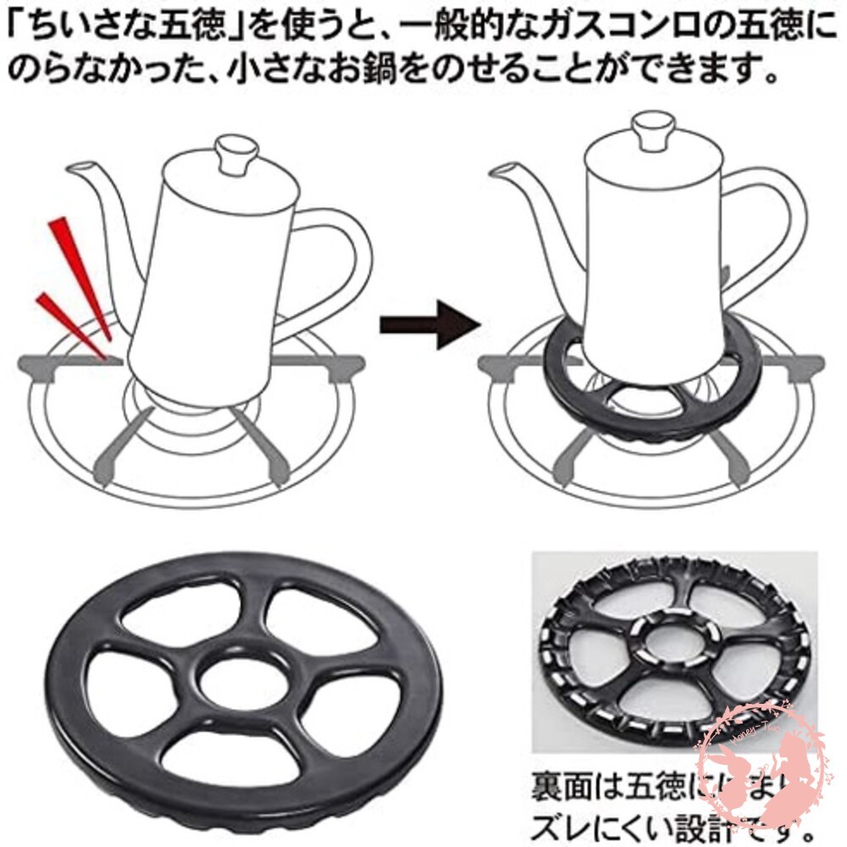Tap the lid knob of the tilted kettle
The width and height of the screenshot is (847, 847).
coord(238,155)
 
